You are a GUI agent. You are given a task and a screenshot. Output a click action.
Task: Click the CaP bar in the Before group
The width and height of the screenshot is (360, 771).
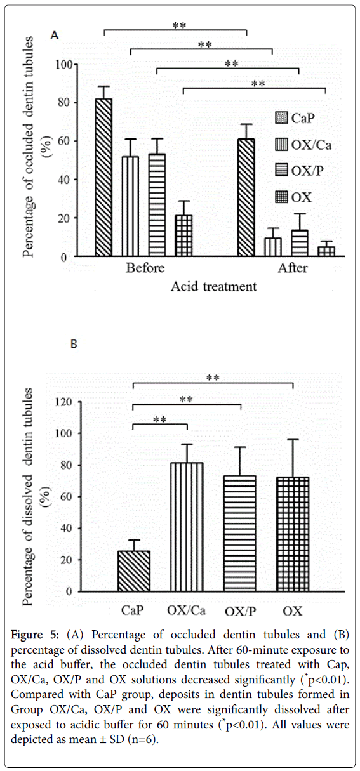tap(103, 178)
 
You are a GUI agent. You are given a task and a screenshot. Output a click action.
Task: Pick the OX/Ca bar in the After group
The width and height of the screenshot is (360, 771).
tap(272, 247)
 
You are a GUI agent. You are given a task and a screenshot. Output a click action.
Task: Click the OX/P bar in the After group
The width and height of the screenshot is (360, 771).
tap(298, 243)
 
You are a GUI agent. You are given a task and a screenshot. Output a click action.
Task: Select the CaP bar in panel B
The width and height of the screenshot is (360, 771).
tap(134, 571)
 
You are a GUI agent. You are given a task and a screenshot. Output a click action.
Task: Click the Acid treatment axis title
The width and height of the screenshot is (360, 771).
tap(213, 287)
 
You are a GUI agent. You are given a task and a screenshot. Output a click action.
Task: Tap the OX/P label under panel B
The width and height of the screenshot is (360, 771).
tap(240, 612)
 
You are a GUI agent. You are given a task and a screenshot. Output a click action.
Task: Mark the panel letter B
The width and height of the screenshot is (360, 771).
tap(74, 345)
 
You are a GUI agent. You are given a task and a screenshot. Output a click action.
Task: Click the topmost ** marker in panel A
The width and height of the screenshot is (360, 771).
tap(179, 26)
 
